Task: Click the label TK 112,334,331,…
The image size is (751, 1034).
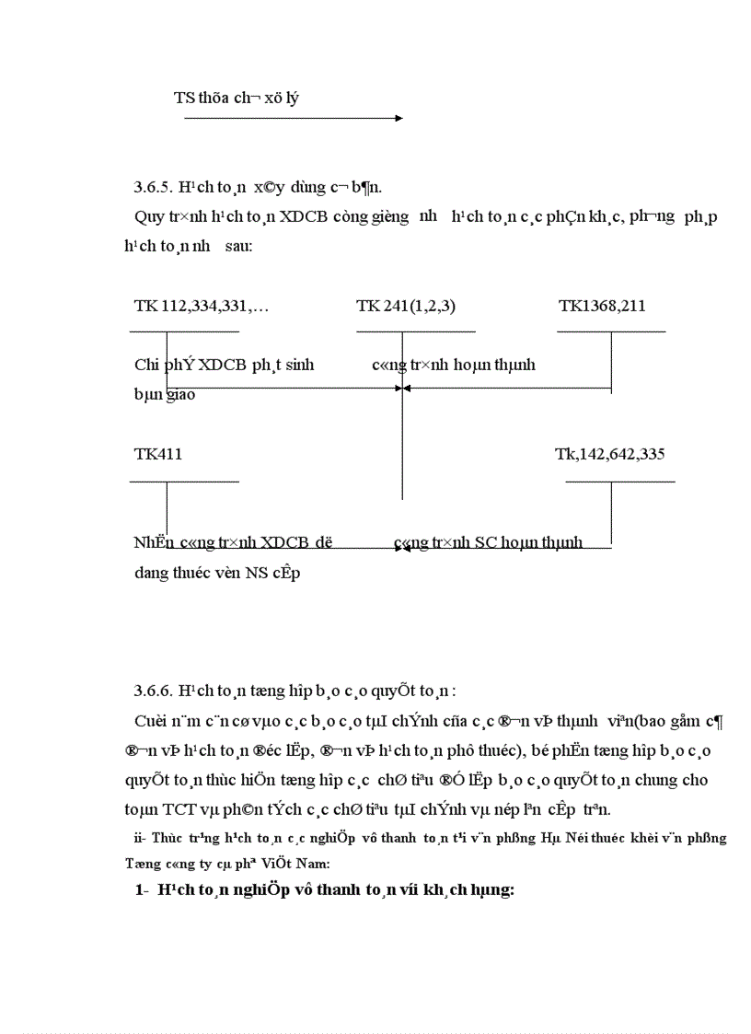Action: (202, 306)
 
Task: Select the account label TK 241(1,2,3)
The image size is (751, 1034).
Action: (406, 306)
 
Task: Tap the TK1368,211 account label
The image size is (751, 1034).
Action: (608, 306)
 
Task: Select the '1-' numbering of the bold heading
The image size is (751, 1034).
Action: (143, 890)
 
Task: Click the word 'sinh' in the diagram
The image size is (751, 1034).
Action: (296, 365)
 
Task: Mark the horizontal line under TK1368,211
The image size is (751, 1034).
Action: (611, 331)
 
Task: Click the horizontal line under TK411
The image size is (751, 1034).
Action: (184, 480)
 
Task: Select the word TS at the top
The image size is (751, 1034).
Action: (183, 97)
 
